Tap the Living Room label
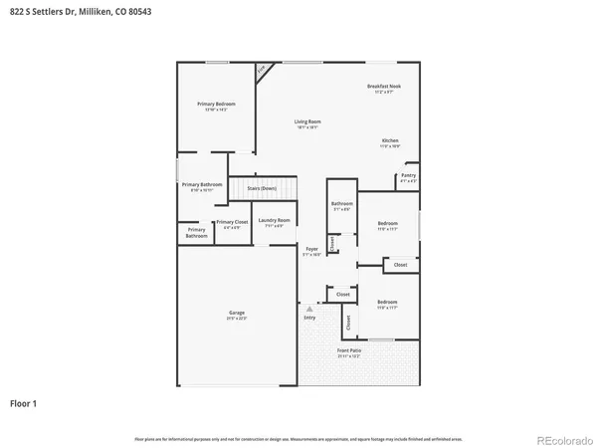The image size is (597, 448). coord(306,122)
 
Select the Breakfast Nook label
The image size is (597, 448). coord(384,88)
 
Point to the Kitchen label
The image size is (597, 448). coord(390,141)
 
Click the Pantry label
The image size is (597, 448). coord(408,175)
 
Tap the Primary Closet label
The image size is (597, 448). coord(232,222)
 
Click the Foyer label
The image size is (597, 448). coord(311,248)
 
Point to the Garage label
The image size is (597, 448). coord(237,314)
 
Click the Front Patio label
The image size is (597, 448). coord(349,351)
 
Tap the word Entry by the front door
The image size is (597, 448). coord(309,318)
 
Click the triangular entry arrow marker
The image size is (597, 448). coord(309,309)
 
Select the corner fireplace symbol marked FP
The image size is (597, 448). coord(262,71)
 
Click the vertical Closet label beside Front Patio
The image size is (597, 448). coord(348,323)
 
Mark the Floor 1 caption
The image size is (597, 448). coord(23,403)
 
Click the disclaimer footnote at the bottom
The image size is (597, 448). coord(298,438)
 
